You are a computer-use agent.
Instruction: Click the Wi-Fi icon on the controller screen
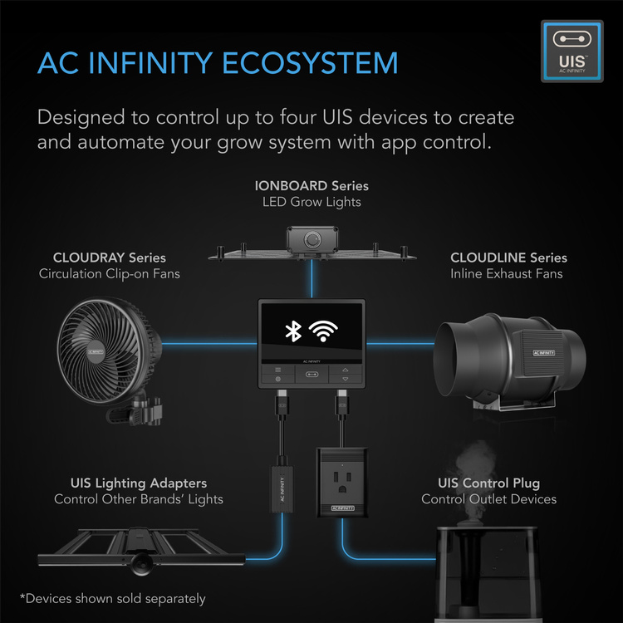(329, 332)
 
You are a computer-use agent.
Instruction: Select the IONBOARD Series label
(311, 185)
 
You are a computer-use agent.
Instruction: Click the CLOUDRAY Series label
(110, 258)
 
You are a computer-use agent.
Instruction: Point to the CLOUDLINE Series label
(508, 258)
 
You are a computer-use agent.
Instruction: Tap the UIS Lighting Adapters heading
(139, 483)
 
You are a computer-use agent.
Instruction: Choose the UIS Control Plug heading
(488, 483)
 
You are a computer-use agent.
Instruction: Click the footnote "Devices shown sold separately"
(113, 598)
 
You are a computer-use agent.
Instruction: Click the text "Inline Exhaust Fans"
(507, 273)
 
